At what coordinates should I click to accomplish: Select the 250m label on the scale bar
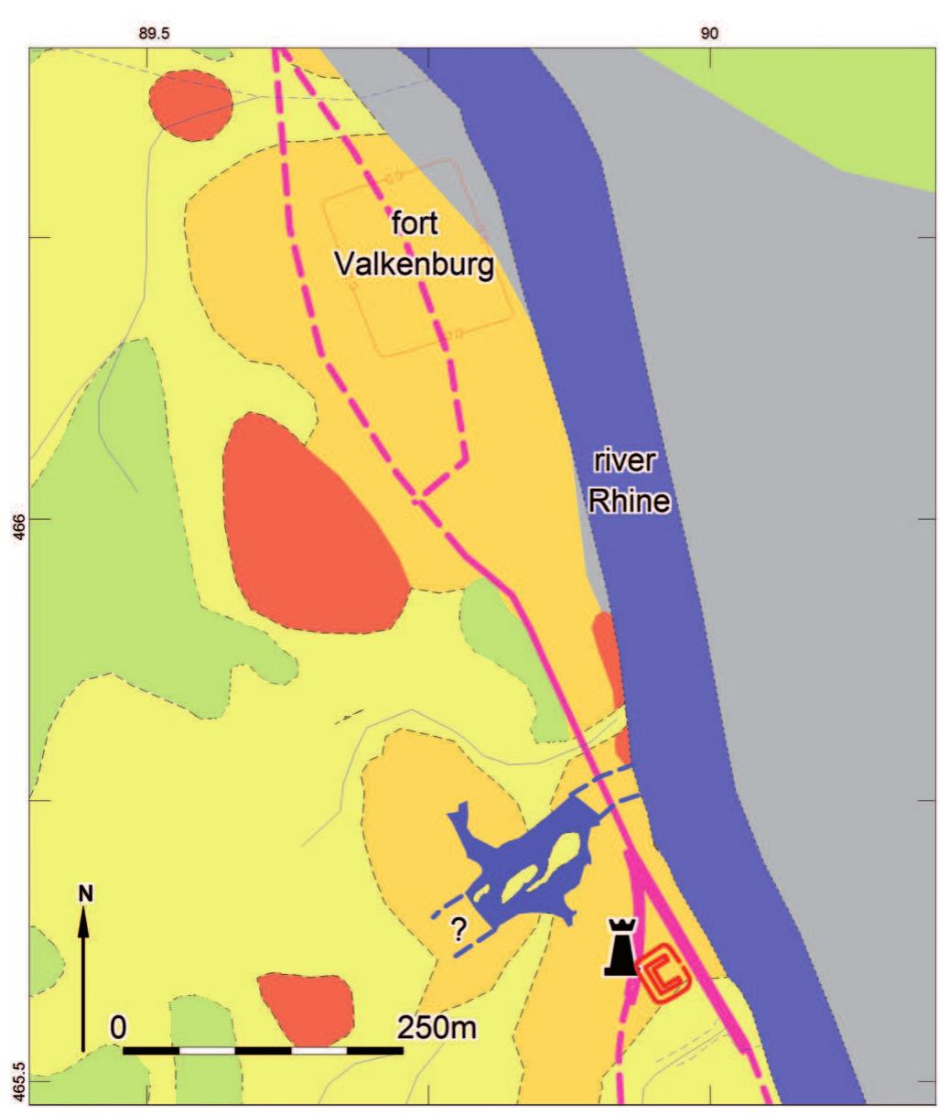point(437,1026)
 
